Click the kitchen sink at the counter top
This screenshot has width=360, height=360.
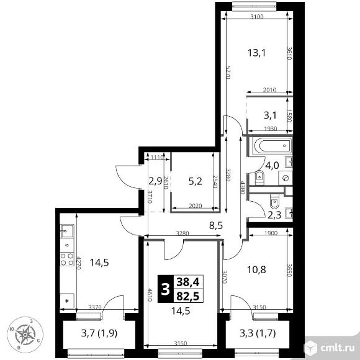point(66,232)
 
